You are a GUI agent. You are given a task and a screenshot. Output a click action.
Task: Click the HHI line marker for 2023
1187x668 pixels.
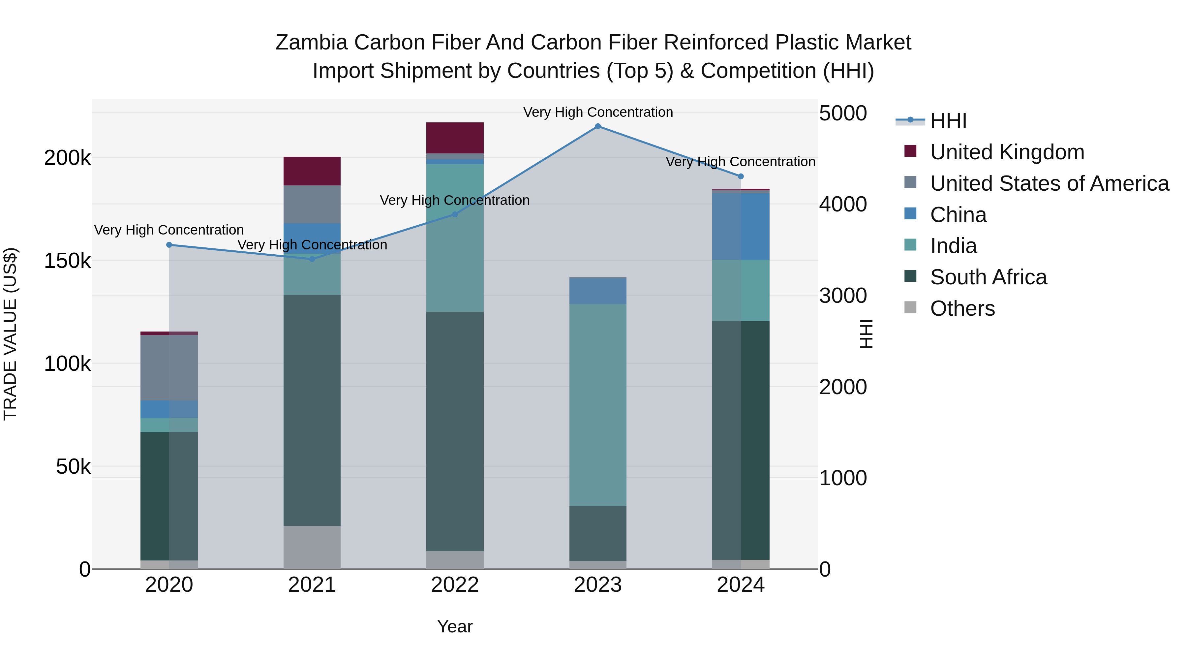coord(598,126)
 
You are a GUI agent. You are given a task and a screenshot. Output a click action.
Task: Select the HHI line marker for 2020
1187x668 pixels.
coord(169,245)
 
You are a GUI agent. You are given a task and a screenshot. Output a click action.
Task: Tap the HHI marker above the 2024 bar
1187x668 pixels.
coord(741,176)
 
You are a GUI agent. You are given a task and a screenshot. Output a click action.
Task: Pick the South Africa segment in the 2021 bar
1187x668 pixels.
coord(312,410)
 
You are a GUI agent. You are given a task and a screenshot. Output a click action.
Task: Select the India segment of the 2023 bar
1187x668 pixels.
coord(598,405)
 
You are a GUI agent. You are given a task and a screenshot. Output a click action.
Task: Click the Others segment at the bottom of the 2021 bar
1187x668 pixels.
coord(312,547)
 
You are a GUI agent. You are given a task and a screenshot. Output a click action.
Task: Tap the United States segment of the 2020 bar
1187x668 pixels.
coord(169,367)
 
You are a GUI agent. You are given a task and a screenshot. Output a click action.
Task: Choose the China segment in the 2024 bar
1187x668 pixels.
coord(741,226)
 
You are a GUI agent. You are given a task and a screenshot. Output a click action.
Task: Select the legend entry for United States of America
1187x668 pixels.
coord(1049,183)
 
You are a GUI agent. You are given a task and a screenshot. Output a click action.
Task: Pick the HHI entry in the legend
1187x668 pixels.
coord(948,121)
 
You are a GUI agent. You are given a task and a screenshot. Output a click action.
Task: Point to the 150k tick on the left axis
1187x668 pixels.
coord(67,261)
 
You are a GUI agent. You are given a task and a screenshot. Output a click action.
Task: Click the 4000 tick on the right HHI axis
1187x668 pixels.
coord(843,204)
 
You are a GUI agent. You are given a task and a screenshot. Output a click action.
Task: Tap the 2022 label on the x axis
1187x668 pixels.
coord(455,585)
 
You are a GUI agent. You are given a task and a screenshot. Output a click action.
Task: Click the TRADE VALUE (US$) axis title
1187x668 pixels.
coord(10,334)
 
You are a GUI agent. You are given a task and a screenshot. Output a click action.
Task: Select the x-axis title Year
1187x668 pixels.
coord(455,626)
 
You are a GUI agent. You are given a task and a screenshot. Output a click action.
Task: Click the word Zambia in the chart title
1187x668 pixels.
coord(311,43)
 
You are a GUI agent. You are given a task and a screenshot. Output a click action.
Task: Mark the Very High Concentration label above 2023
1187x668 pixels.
coord(598,112)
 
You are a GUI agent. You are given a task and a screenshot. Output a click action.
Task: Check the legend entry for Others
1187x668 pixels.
coord(962,308)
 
